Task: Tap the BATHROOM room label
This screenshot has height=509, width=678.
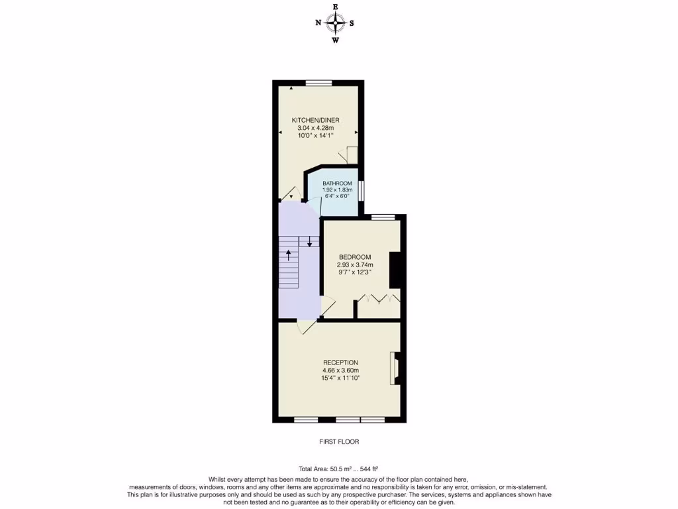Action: [337, 183]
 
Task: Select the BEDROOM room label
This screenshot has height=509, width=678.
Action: [355, 257]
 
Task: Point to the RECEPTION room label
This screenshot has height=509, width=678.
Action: [340, 362]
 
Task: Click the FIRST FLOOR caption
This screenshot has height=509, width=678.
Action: [338, 441]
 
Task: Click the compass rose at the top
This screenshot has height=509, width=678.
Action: [336, 23]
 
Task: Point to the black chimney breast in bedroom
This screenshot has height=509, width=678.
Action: [395, 270]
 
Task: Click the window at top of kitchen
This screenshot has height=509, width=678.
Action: [318, 83]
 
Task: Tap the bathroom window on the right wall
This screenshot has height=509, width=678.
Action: [361, 190]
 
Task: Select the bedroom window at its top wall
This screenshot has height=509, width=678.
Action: [383, 217]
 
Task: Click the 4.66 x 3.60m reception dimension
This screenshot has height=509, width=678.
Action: [340, 370]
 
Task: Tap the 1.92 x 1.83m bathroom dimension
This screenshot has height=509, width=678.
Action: [337, 190]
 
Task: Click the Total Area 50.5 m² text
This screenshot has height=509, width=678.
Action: [338, 469]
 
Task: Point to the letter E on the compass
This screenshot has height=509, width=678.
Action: [336, 7]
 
